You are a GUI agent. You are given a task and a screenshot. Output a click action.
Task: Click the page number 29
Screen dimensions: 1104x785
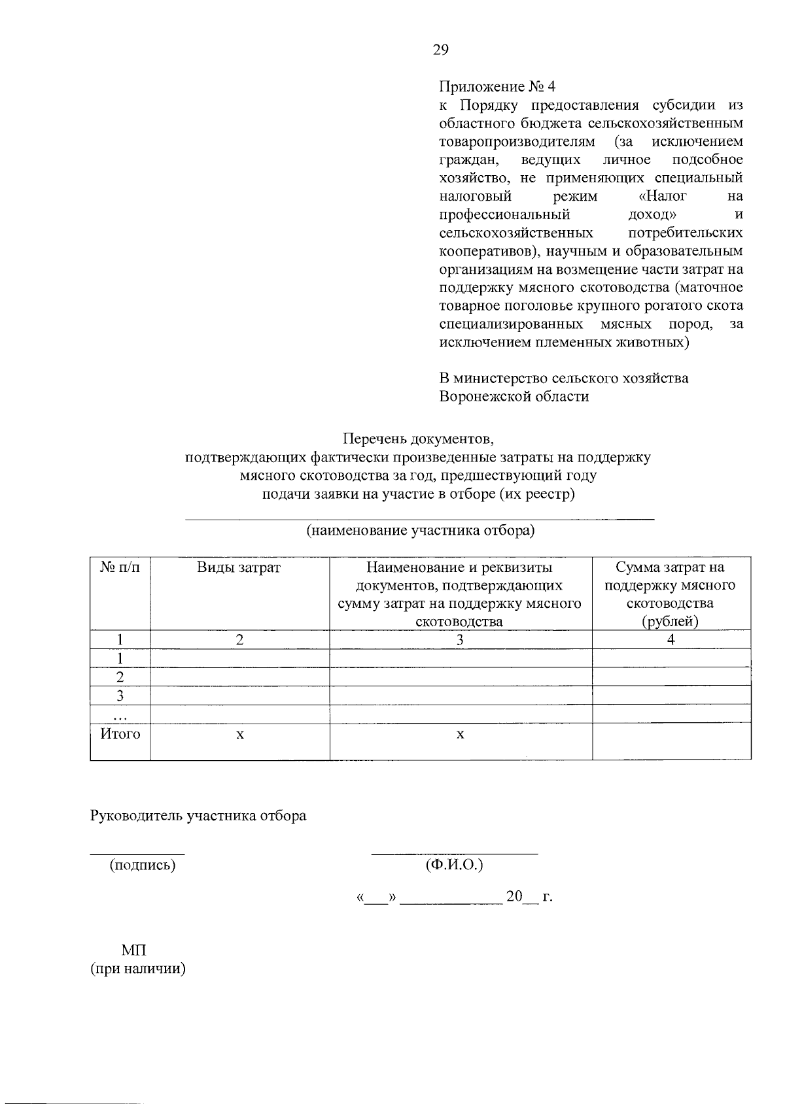[440, 50]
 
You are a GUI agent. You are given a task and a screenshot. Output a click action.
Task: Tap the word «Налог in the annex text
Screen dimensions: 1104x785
[661, 196]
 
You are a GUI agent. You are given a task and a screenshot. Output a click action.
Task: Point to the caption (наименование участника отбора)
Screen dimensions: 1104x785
[421, 530]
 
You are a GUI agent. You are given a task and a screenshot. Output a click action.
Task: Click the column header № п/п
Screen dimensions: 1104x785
[120, 567]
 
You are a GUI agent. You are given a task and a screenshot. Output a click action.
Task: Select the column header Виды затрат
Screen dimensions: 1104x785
[239, 567]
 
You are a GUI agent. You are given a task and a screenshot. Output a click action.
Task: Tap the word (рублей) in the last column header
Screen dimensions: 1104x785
[671, 621]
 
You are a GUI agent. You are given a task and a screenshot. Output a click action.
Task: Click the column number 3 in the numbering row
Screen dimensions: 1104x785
[460, 640]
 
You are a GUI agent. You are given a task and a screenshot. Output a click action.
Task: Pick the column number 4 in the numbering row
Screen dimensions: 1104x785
[671, 640]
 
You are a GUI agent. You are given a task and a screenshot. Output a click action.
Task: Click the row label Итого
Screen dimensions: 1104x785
[120, 734]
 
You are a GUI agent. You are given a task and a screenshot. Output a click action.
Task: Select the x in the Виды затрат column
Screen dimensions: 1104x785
[240, 735]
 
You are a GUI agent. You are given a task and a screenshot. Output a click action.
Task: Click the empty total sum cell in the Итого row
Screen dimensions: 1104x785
[671, 741]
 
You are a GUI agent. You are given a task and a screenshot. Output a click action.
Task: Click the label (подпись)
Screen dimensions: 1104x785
[143, 865]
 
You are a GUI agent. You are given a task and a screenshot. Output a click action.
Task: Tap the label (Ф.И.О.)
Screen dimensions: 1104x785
[454, 865]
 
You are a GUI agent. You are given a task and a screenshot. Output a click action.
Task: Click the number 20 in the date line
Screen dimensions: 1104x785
[514, 896]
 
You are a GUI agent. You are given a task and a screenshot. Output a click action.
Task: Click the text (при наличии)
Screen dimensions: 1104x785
[138, 968]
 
